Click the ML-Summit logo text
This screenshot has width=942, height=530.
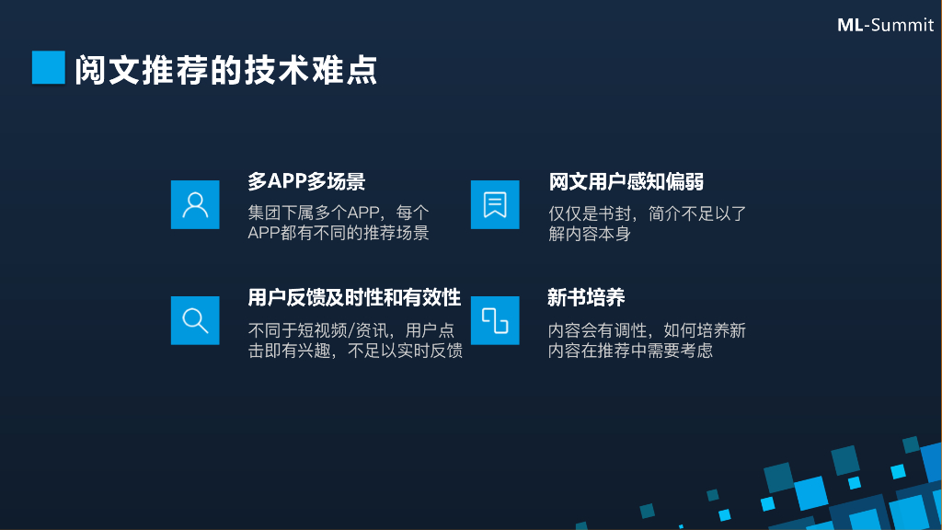[884, 25]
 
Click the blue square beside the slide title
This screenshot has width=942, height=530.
[48, 67]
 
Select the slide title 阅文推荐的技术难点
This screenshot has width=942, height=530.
[226, 71]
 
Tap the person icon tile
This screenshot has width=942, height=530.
[195, 204]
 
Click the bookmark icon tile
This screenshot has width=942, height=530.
[495, 204]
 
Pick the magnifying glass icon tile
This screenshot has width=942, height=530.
[195, 320]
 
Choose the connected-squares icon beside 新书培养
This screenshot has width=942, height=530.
[495, 320]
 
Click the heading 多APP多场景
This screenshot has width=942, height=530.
[306, 181]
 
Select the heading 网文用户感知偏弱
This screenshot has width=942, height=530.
[626, 181]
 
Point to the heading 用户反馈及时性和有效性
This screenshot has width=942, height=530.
[354, 297]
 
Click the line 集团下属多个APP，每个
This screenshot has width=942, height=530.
[339, 213]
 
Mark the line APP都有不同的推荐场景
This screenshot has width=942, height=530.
[339, 233]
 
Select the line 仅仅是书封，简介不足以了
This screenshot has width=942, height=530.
[648, 213]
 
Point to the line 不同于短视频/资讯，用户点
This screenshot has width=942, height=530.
[351, 330]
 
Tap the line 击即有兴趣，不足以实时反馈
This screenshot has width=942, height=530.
[355, 351]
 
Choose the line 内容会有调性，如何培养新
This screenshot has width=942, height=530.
[647, 330]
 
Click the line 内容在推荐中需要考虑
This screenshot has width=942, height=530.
[630, 351]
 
